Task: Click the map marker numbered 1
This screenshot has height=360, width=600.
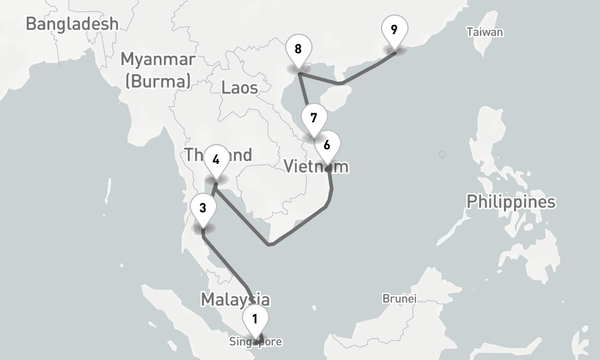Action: click(x=255, y=319)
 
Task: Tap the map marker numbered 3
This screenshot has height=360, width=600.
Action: click(x=203, y=208)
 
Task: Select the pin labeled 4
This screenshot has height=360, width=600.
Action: click(x=216, y=160)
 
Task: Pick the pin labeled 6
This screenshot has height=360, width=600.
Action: click(x=327, y=145)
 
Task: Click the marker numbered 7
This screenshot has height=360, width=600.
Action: click(x=314, y=118)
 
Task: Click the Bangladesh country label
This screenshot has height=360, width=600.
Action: click(x=72, y=24)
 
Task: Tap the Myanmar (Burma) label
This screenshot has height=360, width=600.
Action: click(x=158, y=70)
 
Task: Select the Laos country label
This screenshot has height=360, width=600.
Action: click(x=239, y=88)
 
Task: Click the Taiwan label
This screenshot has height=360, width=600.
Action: click(x=485, y=32)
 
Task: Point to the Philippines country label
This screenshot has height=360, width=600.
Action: click(x=511, y=202)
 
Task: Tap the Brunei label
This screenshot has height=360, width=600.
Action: click(x=399, y=298)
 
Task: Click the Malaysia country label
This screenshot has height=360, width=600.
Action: click(x=235, y=299)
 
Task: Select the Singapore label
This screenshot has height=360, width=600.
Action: click(x=255, y=342)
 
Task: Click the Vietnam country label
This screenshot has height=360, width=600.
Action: click(x=316, y=166)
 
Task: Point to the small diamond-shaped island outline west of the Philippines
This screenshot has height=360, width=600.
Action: click(x=442, y=155)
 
